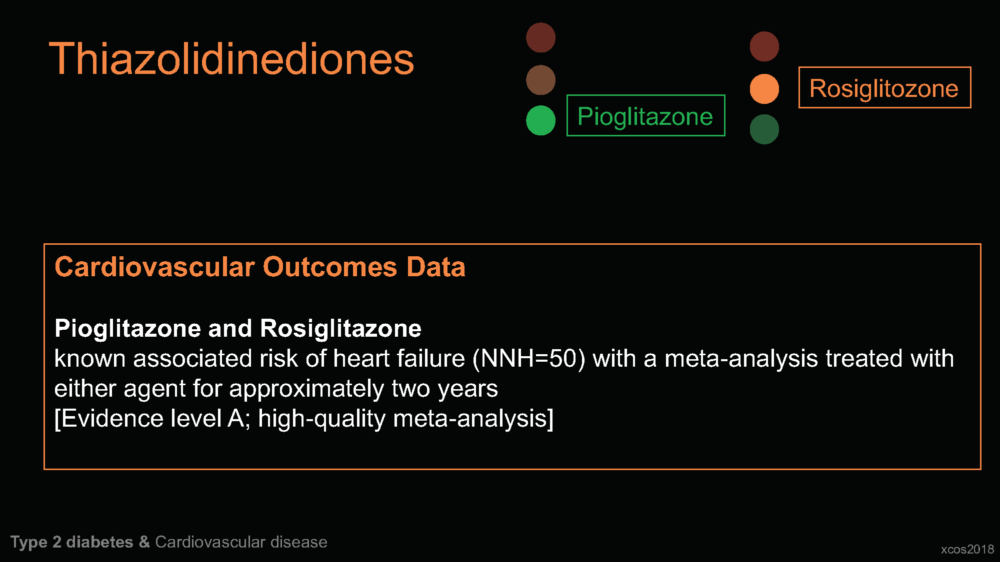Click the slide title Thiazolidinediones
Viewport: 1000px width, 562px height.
point(231,59)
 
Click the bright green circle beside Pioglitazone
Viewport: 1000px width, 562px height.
point(540,120)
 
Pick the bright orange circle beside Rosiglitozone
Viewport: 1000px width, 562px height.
point(764,89)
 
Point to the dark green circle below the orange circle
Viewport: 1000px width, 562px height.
point(764,129)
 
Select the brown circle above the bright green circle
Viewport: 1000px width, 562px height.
point(540,80)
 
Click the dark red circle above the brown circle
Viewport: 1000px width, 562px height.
point(540,37)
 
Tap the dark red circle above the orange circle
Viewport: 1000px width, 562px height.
point(764,46)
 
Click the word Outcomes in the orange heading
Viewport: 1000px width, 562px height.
point(329,267)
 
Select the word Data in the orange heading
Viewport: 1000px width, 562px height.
point(435,267)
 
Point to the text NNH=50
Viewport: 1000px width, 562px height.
point(528,359)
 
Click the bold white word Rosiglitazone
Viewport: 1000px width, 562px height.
point(340,328)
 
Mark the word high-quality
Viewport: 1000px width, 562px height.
point(321,419)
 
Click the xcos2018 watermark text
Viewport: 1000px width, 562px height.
point(967,550)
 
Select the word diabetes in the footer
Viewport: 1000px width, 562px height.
point(99,542)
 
